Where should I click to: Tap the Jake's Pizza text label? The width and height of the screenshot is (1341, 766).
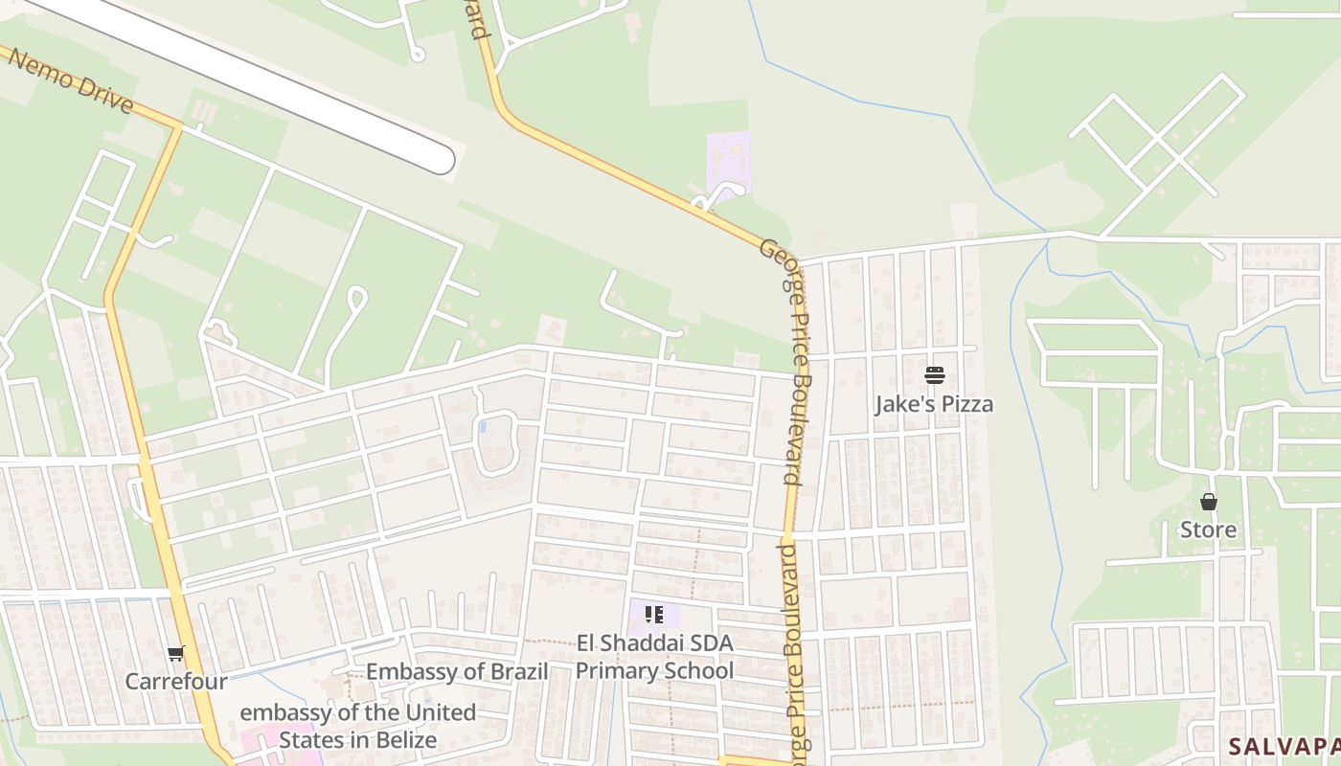coord(934,404)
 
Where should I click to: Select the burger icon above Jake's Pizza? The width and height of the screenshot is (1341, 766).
coord(935,375)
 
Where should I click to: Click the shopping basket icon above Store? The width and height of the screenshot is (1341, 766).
coord(1209,502)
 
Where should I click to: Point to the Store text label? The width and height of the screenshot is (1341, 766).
coord(1208,529)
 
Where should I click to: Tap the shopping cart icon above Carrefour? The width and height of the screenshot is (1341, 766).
coord(175,654)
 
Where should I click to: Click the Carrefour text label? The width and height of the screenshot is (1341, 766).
coord(176,682)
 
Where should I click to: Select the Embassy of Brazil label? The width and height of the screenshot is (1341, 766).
coord(457,671)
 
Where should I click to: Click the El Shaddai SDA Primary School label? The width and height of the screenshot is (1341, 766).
coord(654,657)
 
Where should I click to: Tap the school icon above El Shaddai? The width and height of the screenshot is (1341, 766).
coord(654,615)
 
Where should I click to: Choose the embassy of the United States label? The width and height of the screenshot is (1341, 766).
coord(357,726)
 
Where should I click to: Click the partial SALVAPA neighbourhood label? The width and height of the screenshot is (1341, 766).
coord(1284,746)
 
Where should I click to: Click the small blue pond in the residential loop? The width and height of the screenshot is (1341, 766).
coord(483,425)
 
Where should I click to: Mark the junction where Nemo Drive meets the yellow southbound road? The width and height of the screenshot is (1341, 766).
coord(177,125)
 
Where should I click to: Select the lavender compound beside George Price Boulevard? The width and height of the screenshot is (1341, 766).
coord(727,159)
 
